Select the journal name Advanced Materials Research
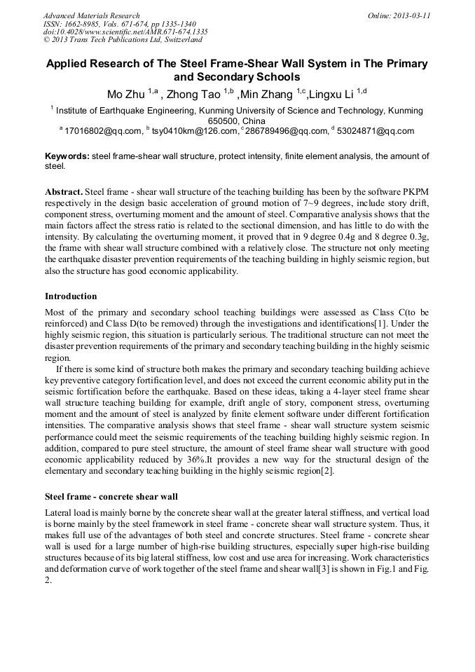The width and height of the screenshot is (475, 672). pos(91,15)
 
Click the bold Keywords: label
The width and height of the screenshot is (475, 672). pos(67,156)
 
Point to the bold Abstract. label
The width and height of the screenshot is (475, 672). pos(64,191)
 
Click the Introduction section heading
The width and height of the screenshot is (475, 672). pos(71,296)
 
